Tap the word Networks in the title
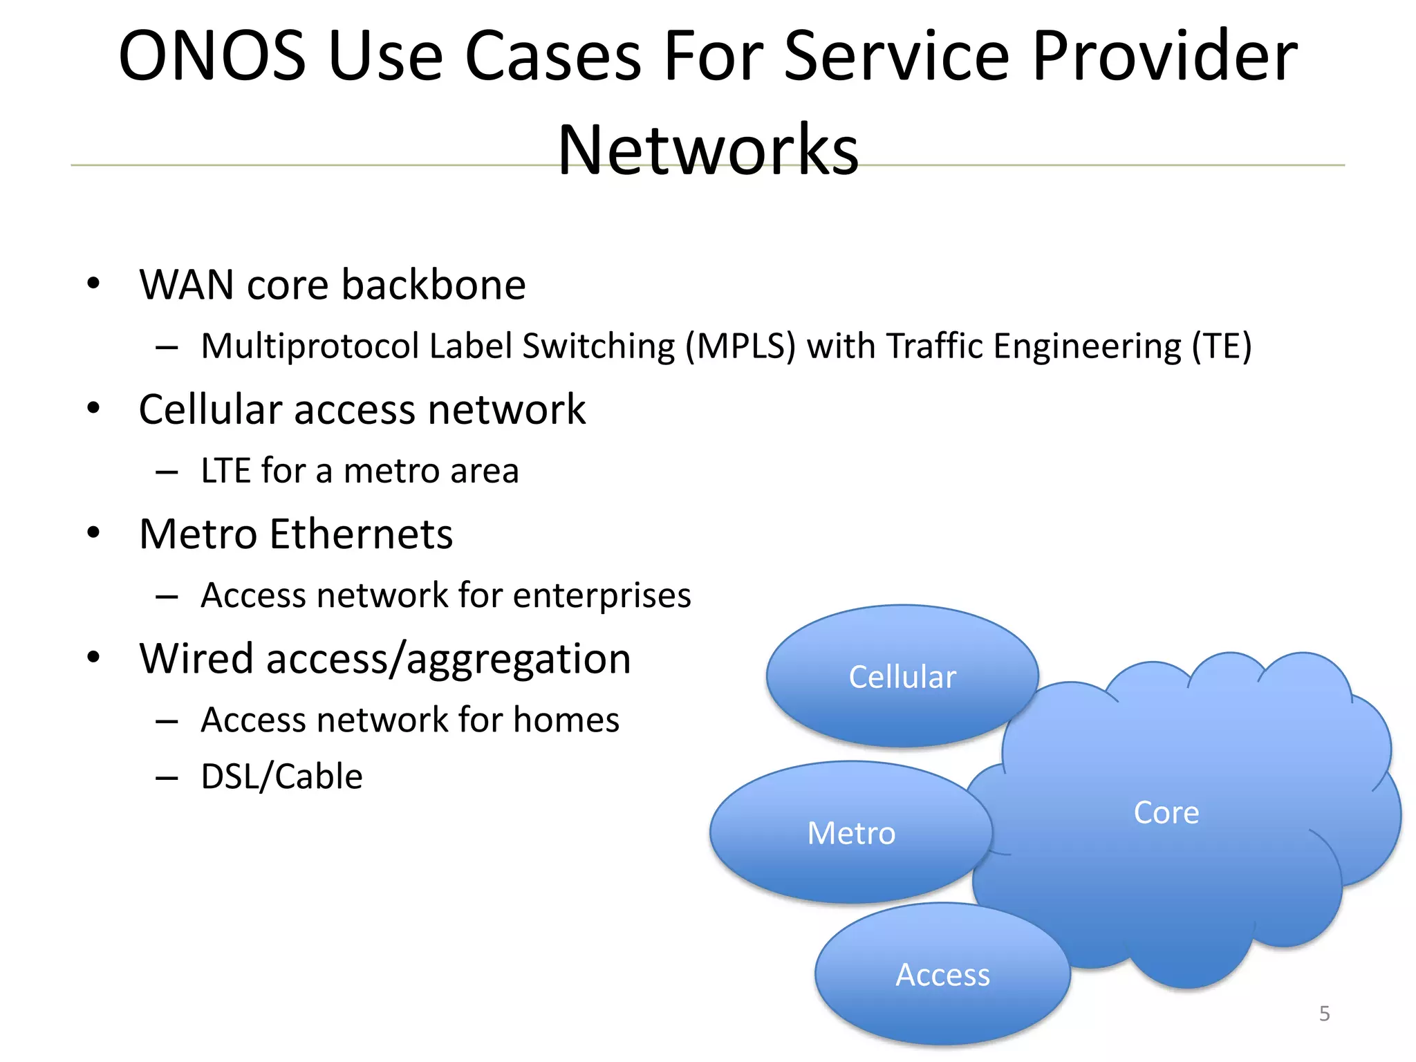point(708,150)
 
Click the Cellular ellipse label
point(902,677)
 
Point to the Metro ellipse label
point(851,833)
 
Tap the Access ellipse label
point(942,975)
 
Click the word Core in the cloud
point(1166,812)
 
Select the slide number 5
point(1324,1014)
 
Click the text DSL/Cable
point(281,776)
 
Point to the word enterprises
point(602,595)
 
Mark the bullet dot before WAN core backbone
point(93,283)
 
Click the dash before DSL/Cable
point(167,779)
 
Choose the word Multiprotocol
point(309,346)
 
